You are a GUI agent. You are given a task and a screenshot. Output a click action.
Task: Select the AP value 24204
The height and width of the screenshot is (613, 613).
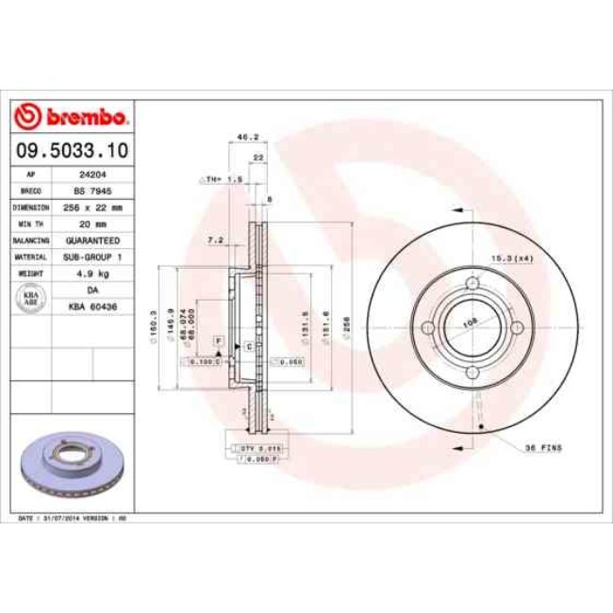point(91,174)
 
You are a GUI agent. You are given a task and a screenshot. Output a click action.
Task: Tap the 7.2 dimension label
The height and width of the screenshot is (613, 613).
point(214,240)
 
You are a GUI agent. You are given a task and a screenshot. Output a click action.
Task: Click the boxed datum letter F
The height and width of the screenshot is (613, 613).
point(217,339)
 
